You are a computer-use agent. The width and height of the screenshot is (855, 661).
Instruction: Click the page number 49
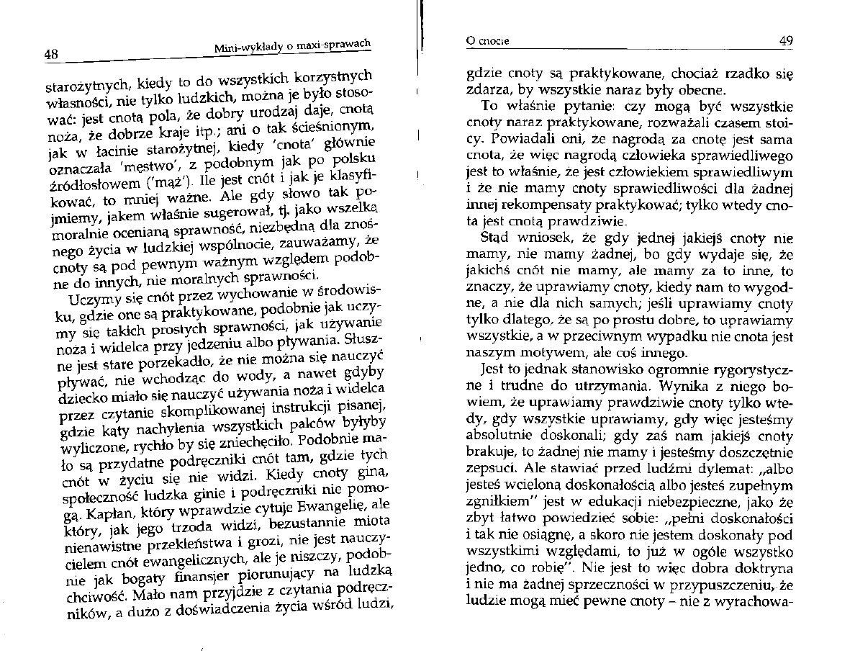[786, 41]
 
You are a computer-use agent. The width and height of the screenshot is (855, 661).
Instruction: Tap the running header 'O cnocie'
[488, 41]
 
